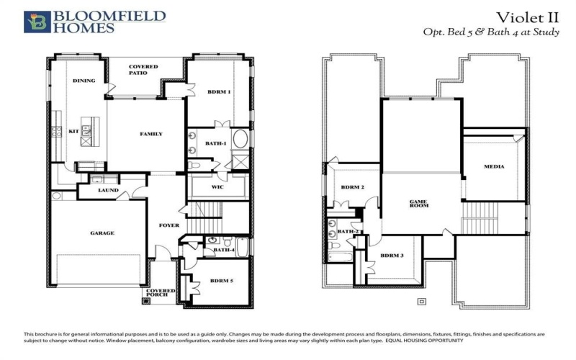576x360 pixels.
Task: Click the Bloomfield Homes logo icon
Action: point(37,22)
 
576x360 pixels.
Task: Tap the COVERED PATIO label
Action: point(143,70)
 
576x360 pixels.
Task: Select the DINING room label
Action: point(84,81)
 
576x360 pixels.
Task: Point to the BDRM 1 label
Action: point(219,92)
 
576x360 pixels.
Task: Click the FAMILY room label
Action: point(150,134)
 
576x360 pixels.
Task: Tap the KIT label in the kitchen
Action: point(73,132)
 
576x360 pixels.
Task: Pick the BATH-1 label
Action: point(216,144)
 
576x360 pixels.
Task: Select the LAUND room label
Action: point(108,191)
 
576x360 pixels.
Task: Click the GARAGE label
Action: point(102,233)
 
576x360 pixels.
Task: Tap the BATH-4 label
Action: point(224,250)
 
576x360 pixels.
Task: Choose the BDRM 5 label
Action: point(220,282)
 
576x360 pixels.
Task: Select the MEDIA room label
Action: point(494,166)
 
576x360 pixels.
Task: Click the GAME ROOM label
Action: point(419,204)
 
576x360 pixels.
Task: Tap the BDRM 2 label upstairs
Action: point(352,187)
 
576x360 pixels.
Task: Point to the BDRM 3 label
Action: point(391,256)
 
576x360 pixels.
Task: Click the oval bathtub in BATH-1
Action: point(240,138)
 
